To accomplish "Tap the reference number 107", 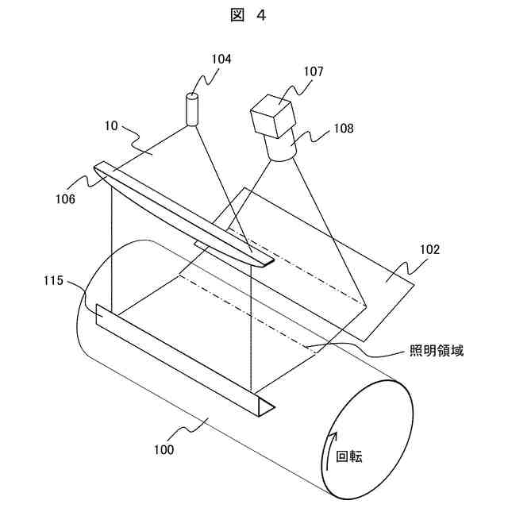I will coord(313,71).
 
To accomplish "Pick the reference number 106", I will coord(66,198).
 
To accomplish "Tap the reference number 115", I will coord(56,281).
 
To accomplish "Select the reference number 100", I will coord(164,449).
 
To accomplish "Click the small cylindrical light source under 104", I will coord(192,110).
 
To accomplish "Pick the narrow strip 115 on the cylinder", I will coord(183,357).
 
